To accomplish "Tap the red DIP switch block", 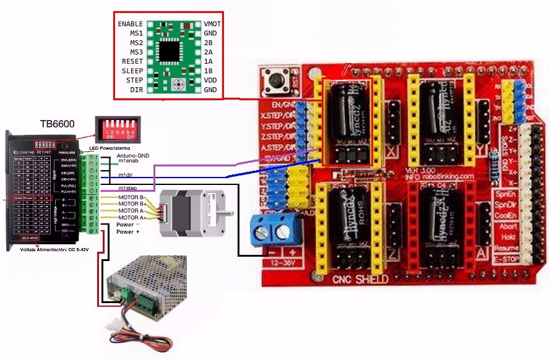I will click(116, 129).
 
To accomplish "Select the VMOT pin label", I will click(212, 24).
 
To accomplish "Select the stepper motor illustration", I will click(196, 212).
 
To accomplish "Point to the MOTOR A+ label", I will click(132, 218).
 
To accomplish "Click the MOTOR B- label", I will click(132, 197).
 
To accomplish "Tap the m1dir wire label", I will click(127, 175).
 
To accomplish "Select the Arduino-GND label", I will click(133, 155).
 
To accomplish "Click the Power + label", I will click(128, 232).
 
